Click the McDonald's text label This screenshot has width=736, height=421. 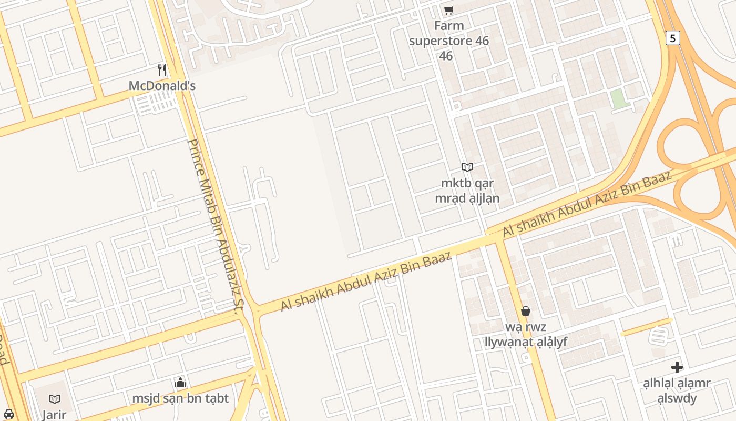pyautogui.click(x=162, y=85)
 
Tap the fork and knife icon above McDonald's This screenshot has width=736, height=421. pyautogui.click(x=162, y=69)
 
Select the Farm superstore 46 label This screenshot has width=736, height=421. pyautogui.click(x=448, y=41)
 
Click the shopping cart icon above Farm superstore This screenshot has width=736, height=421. pyautogui.click(x=448, y=10)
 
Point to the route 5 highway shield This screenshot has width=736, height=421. pyautogui.click(x=672, y=38)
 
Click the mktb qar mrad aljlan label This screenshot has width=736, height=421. pyautogui.click(x=467, y=191)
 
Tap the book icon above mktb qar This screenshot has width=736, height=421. pyautogui.click(x=467, y=167)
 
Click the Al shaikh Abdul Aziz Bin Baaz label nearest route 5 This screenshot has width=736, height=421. pyautogui.click(x=587, y=203)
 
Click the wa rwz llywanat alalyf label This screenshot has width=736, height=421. pyautogui.click(x=525, y=334)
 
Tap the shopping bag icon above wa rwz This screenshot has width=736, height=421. pyautogui.click(x=525, y=311)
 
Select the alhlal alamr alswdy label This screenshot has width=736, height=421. pyautogui.click(x=677, y=390)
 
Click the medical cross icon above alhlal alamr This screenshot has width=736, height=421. pyautogui.click(x=677, y=367)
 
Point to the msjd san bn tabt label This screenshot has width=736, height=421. pyautogui.click(x=180, y=398)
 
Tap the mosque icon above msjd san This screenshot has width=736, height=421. pyautogui.click(x=180, y=383)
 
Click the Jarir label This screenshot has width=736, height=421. pyautogui.click(x=54, y=415)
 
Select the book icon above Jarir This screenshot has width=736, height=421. pyautogui.click(x=54, y=399)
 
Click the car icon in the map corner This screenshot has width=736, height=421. pyautogui.click(x=8, y=414)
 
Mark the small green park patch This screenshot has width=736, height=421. pyautogui.click(x=620, y=99)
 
